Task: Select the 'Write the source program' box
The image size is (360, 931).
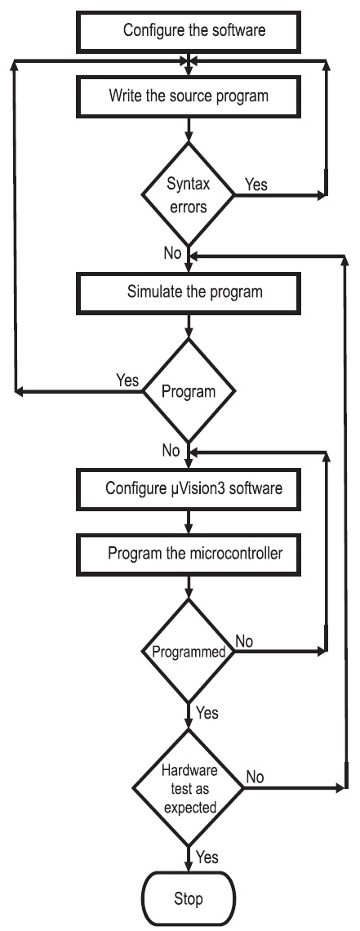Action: pos(188,96)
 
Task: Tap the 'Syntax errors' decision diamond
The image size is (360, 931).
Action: pos(188,194)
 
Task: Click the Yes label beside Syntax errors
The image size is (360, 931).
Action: pos(256,184)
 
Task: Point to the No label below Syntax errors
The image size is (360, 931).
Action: pos(172,253)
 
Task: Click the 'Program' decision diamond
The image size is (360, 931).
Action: pos(188,391)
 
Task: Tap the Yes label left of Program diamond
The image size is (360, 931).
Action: pos(127,380)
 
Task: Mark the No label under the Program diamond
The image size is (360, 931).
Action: pos(171,451)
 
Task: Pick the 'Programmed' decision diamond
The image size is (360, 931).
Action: pos(188,651)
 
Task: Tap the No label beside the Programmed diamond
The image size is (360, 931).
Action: pos(244,641)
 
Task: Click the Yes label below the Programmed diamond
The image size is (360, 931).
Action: pos(207,712)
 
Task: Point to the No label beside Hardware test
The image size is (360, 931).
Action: pos(255,777)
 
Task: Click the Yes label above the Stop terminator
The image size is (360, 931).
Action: pos(207,857)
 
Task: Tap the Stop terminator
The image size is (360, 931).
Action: pos(188,899)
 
